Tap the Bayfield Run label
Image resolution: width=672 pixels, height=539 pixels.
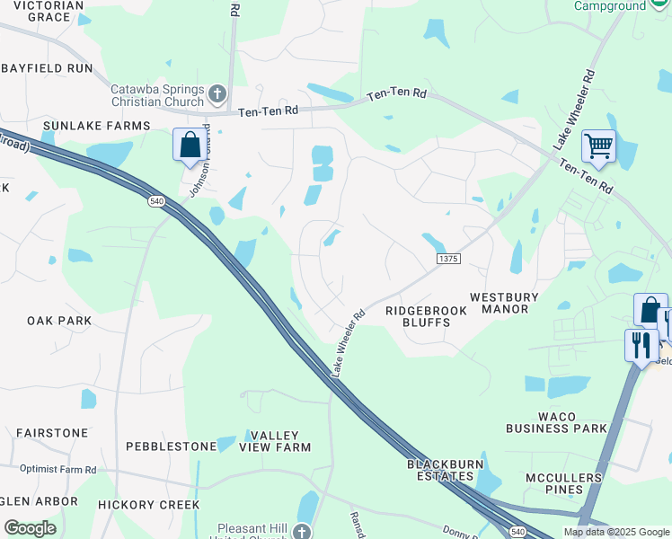click(47, 68)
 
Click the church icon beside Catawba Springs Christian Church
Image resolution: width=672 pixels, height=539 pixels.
click(217, 93)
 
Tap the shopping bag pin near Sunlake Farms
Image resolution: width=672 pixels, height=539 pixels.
click(190, 145)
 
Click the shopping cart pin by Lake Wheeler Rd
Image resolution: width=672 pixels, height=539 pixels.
click(598, 146)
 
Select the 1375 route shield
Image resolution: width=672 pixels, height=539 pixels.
click(448, 259)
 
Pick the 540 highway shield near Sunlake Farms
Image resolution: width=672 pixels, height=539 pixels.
click(157, 202)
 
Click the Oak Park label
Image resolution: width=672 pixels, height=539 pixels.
click(59, 321)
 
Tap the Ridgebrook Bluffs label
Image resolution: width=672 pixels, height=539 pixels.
click(426, 316)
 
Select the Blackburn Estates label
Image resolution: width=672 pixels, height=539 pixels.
click(445, 471)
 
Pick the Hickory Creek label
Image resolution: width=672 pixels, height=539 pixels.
click(149, 505)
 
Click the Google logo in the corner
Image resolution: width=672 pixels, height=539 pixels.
click(30, 528)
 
